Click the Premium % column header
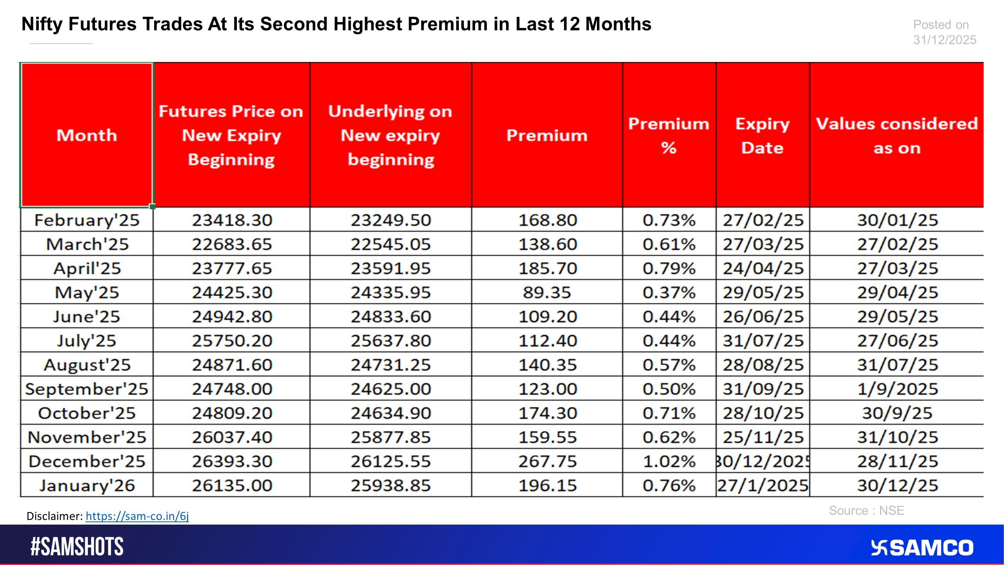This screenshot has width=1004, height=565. point(669,135)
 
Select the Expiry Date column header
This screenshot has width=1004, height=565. point(762,135)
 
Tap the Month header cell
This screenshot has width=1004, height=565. point(87,135)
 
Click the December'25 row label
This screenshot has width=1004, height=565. point(87,461)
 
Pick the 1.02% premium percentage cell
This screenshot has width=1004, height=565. point(669,461)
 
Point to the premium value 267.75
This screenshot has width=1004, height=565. point(547,461)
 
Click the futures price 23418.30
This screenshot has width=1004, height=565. point(232,220)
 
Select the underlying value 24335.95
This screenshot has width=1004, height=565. point(391,293)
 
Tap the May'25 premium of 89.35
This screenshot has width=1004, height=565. point(547,293)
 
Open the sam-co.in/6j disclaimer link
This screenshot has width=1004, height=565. point(137,516)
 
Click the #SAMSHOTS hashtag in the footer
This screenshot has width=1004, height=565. point(77,547)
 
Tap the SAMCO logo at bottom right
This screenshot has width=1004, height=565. point(922,548)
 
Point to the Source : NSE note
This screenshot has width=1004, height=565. point(866,510)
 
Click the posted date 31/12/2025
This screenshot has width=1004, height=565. point(944,40)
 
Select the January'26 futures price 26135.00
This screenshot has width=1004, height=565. point(232,486)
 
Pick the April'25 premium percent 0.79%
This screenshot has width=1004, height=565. point(669,268)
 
